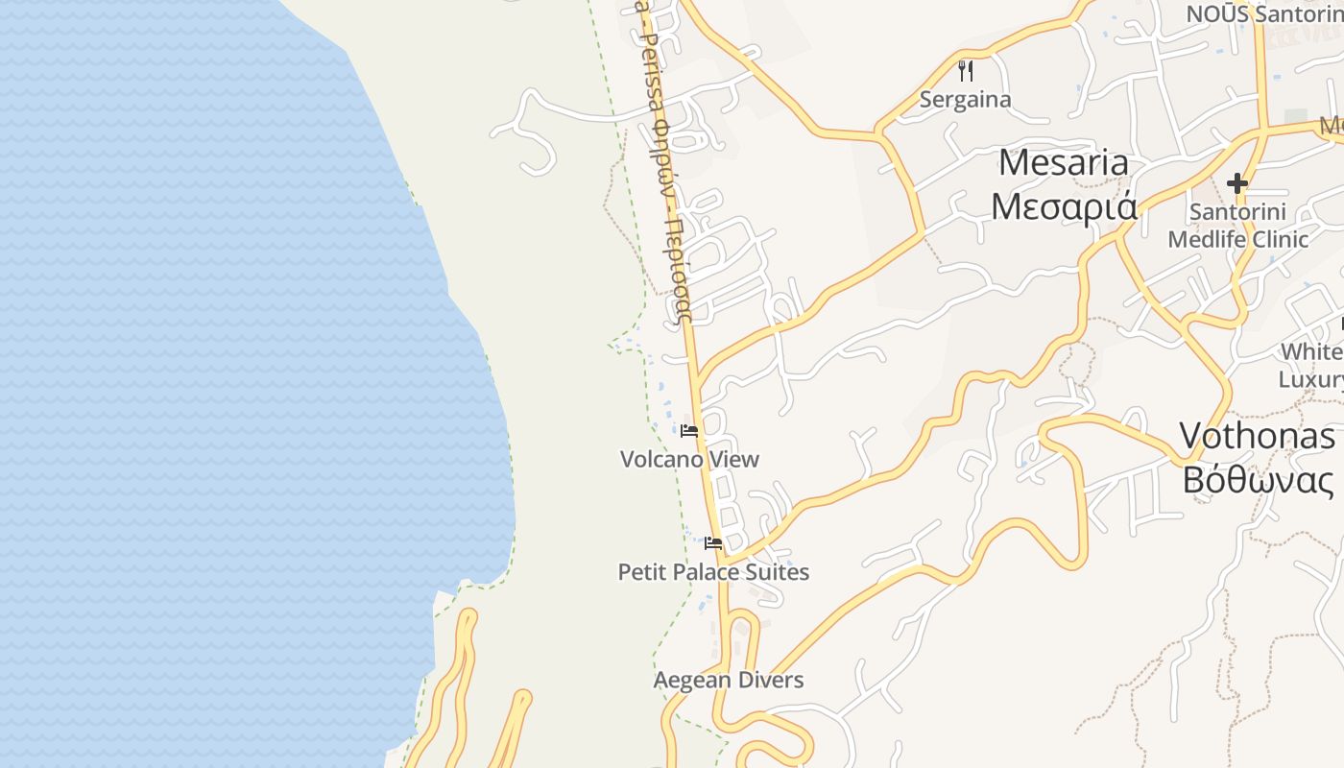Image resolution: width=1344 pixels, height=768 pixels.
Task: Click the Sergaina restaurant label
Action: (965, 99)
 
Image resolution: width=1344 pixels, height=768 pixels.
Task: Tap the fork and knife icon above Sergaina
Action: (966, 70)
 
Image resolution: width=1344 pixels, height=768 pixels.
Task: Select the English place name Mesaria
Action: (1064, 163)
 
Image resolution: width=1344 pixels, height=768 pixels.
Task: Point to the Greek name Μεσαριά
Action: (1064, 206)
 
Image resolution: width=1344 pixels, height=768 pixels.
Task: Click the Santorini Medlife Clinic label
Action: (1237, 225)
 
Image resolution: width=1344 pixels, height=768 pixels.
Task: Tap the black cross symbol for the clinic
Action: (1237, 182)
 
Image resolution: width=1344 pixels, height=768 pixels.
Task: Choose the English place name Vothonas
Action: (1257, 436)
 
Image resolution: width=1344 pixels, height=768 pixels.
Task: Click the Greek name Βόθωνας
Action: (1258, 479)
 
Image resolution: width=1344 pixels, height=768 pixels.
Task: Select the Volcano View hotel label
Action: (689, 459)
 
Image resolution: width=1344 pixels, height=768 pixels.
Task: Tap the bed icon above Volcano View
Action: (689, 430)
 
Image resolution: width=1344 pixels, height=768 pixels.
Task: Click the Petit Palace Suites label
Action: (713, 572)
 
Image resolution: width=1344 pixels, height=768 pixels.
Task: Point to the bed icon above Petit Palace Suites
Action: (712, 543)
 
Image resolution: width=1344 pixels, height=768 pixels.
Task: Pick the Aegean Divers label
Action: (729, 681)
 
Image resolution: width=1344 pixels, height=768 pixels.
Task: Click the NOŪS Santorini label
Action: (1263, 13)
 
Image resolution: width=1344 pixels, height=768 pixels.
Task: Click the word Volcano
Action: (660, 459)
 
